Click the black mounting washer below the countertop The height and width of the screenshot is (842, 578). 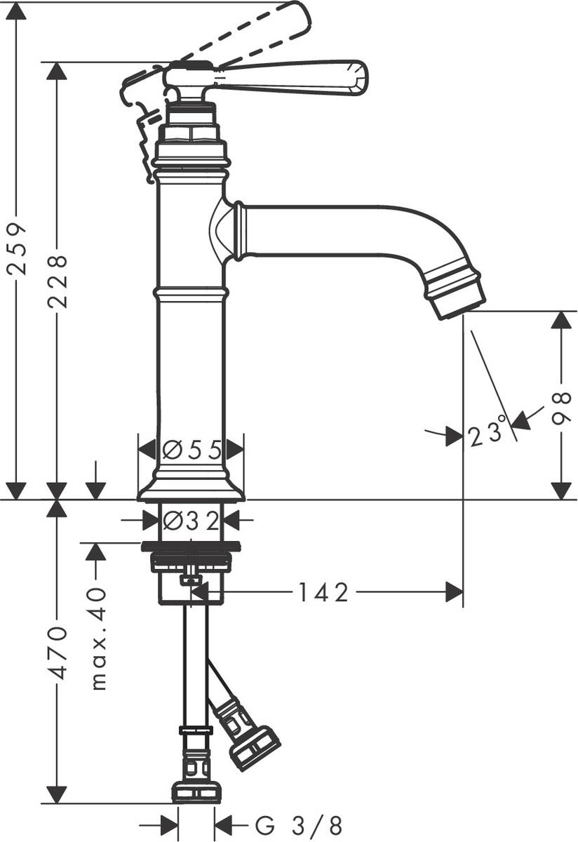[191, 547]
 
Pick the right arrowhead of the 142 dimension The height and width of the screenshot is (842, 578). [455, 593]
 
